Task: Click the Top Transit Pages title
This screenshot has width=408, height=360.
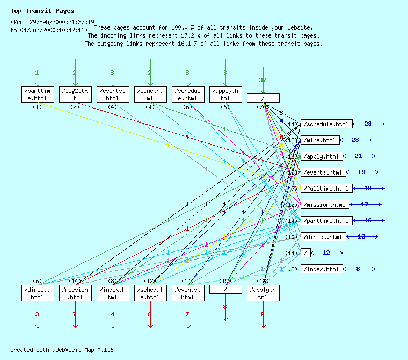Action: [42, 11]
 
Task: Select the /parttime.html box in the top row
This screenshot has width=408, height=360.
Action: [37, 94]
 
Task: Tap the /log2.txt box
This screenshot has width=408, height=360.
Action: [75, 94]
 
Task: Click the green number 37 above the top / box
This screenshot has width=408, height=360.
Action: [263, 80]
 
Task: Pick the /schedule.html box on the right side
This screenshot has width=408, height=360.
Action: [326, 124]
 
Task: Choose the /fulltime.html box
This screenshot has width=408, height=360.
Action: [326, 189]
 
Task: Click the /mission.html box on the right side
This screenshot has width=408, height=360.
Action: [325, 205]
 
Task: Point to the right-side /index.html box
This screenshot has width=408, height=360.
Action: [321, 269]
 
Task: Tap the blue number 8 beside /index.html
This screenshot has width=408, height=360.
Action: [358, 269]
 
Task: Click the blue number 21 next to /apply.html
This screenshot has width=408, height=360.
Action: [358, 156]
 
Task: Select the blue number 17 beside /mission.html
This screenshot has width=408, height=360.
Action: [365, 204]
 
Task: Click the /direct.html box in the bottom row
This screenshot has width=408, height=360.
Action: [37, 293]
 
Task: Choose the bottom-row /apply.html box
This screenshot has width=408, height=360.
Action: [263, 293]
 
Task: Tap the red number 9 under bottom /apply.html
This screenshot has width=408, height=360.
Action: [263, 314]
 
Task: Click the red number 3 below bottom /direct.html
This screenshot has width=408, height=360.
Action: [37, 314]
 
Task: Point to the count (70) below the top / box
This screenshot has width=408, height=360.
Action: [263, 107]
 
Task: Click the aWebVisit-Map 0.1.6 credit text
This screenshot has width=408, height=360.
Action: [62, 350]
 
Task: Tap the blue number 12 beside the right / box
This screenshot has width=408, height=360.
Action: [326, 253]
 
